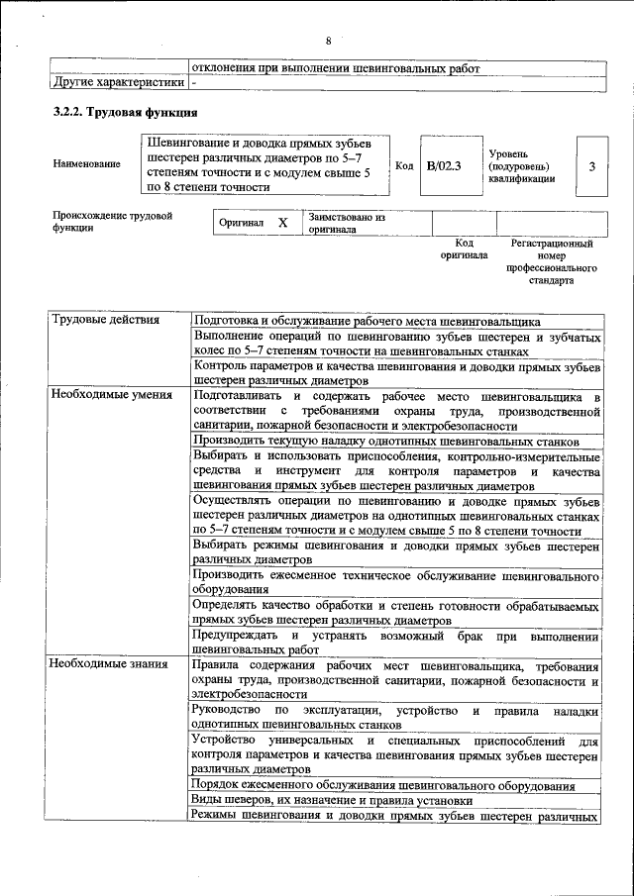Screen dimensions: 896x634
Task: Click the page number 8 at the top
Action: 329,41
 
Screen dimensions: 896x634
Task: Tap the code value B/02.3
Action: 444,166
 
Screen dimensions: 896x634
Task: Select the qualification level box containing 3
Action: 591,166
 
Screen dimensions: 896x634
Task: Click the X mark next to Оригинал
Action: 282,223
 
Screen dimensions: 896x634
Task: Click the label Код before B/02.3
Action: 404,166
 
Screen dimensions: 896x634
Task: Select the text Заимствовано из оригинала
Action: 346,223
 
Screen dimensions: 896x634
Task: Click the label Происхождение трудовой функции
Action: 113,221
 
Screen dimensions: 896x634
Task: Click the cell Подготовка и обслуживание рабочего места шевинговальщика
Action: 367,321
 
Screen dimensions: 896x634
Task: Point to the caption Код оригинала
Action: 464,249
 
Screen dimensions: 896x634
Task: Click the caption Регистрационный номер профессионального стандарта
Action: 552,261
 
